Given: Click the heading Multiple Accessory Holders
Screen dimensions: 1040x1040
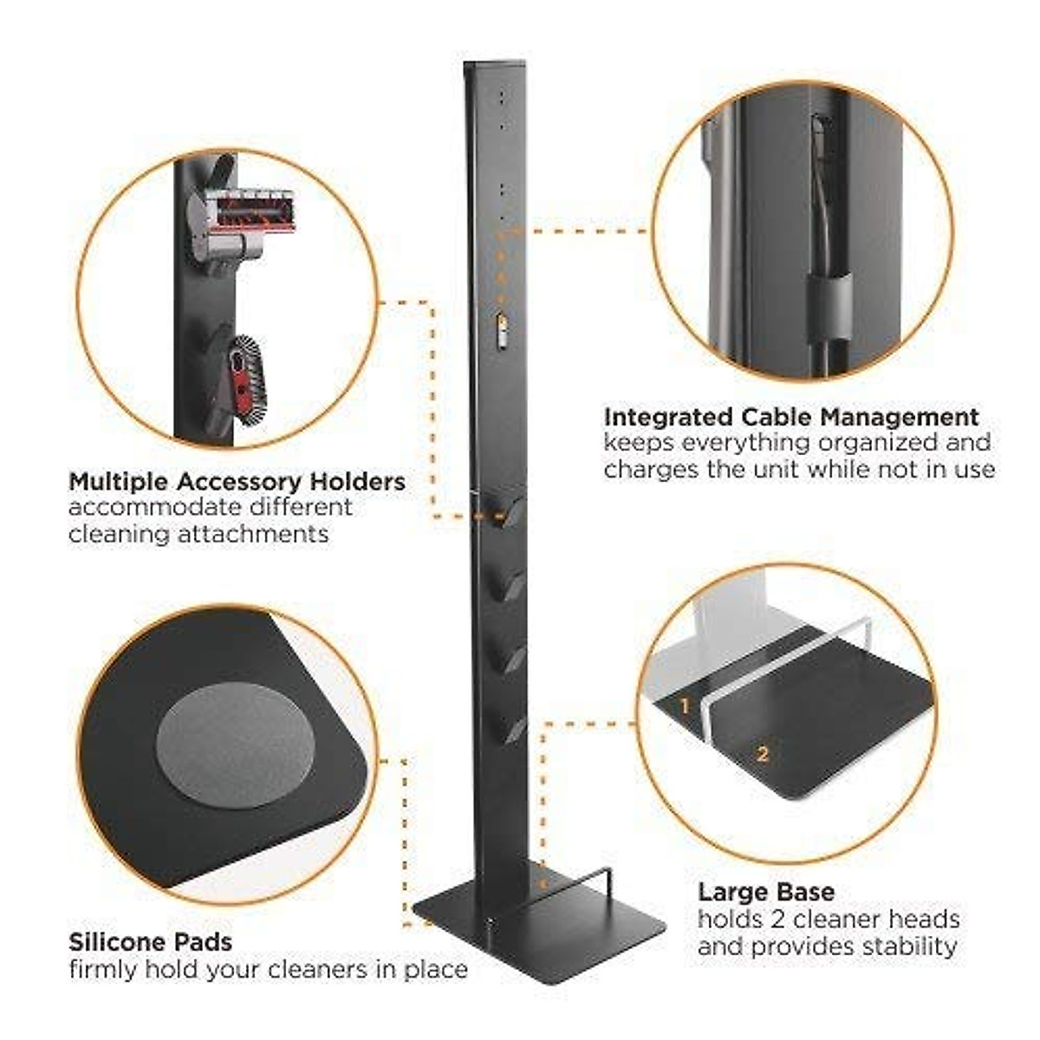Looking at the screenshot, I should pos(237,481).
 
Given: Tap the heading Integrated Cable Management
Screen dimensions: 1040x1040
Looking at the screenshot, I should pos(791,417).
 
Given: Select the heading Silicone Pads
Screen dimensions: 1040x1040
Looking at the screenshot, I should pos(150,941).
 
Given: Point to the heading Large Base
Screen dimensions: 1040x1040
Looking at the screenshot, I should pos(766,892).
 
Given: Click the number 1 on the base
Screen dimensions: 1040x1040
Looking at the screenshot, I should pos(684,706).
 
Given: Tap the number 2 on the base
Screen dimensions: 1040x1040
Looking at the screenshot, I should pos(763,754).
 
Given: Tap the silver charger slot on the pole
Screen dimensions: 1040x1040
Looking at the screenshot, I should pos(501,330).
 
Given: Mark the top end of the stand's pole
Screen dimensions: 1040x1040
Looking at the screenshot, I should pos(495,64).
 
